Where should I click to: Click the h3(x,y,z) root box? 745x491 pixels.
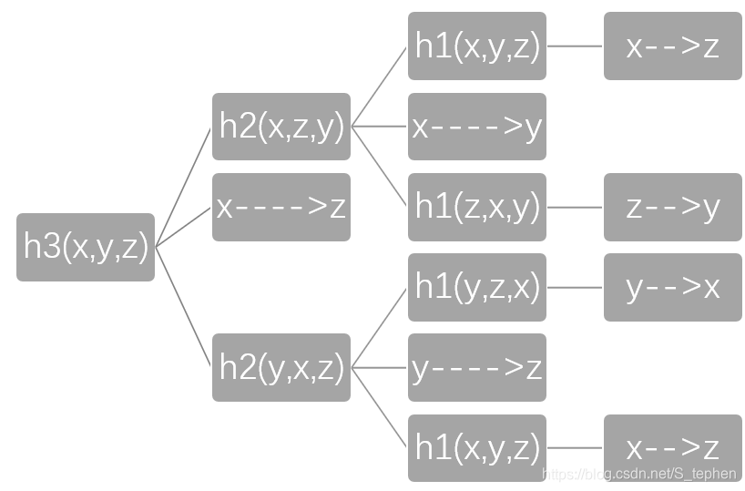[x=86, y=247]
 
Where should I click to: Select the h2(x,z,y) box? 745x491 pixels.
[x=281, y=127]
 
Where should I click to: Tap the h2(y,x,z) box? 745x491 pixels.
[x=281, y=367]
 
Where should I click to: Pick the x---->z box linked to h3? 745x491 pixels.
[x=281, y=207]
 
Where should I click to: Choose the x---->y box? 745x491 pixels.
[x=477, y=127]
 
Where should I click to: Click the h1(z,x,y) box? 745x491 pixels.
[x=477, y=207]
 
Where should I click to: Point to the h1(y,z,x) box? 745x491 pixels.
[x=477, y=287]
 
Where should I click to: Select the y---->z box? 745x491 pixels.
[x=477, y=367]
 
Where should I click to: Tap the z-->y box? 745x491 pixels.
[x=673, y=207]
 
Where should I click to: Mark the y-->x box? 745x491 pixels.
[x=673, y=287]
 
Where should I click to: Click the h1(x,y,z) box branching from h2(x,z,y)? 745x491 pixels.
[x=477, y=46]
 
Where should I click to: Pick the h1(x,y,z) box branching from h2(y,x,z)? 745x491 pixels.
[x=477, y=447]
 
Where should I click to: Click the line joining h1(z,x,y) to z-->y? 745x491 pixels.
[x=575, y=207]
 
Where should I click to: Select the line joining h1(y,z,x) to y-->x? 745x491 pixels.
[x=575, y=287]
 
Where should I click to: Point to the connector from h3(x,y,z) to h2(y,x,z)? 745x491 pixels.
[x=184, y=306]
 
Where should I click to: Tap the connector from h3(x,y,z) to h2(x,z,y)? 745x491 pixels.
[x=184, y=187]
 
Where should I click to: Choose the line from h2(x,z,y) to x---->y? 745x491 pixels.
[x=379, y=127]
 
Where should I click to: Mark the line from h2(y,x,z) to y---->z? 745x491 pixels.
[x=379, y=367]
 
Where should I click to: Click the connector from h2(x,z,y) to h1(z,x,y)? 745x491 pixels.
[x=380, y=167]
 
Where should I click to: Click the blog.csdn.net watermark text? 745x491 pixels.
[x=638, y=474]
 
